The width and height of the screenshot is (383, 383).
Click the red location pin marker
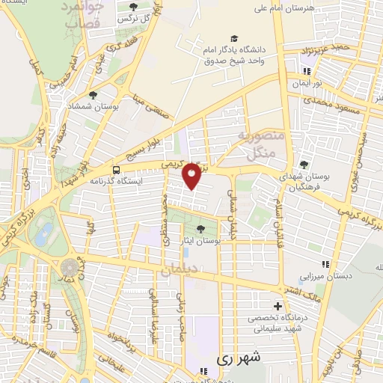point(192,174)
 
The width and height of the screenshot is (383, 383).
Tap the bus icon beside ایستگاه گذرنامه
point(115,170)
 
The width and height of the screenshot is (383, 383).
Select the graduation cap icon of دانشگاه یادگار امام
point(235,38)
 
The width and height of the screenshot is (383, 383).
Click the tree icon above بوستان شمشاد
point(93,95)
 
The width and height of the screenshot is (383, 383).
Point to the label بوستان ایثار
point(213,242)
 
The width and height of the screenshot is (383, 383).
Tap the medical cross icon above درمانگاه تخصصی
point(278,306)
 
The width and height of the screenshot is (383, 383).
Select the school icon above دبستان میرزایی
point(325,264)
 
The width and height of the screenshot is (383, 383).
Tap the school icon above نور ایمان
point(305,73)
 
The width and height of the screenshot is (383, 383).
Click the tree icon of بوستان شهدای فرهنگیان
point(303,165)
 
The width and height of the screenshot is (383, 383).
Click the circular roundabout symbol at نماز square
point(70,266)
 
